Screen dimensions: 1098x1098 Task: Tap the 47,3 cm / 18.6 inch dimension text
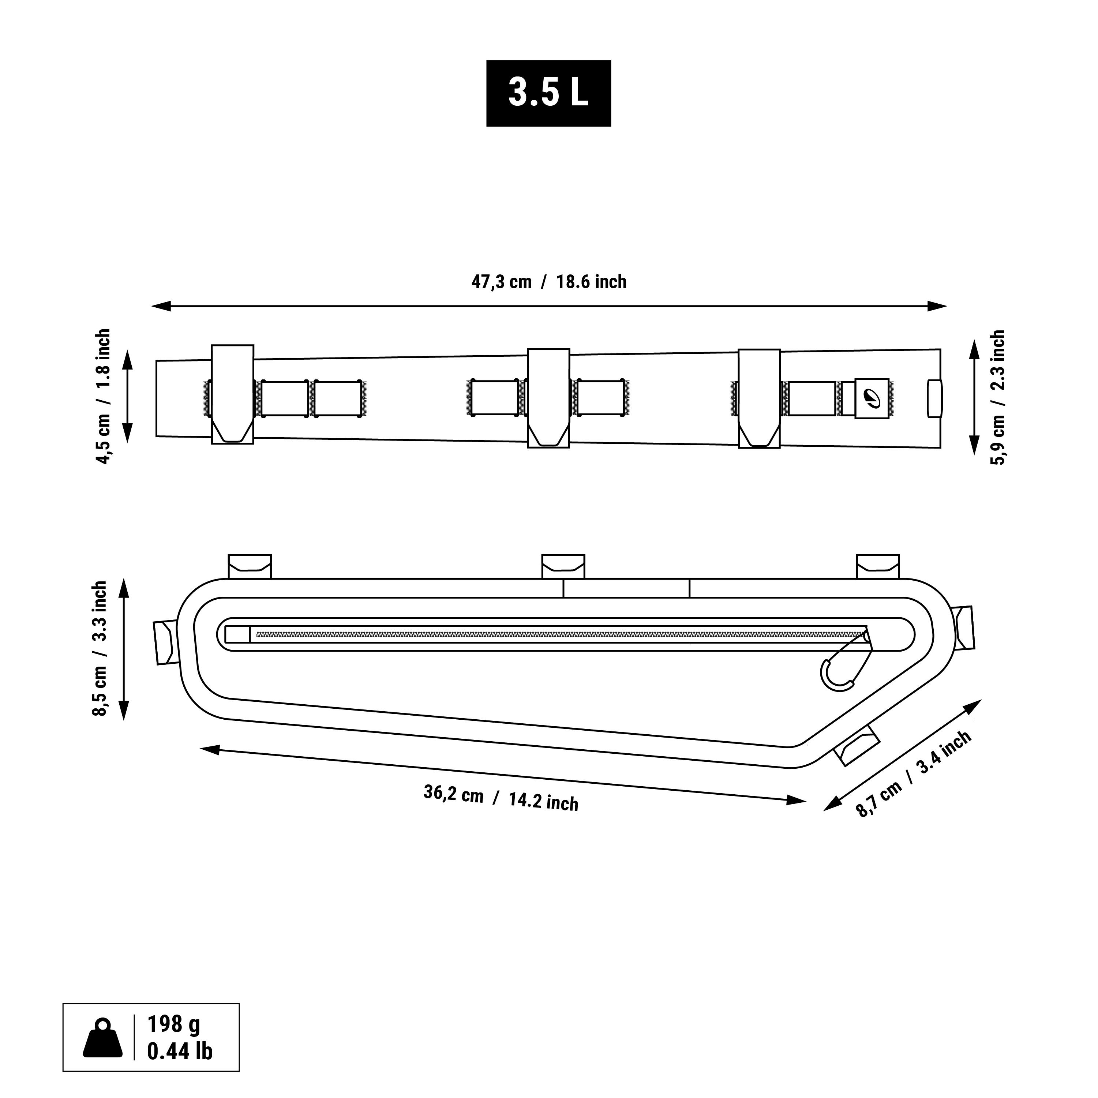pos(548,282)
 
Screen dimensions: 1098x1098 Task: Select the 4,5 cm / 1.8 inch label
pos(104,397)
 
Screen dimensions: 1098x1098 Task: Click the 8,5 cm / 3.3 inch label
pos(100,648)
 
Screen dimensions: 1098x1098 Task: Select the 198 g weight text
pos(173,1024)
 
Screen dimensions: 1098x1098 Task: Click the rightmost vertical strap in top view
pos(759,398)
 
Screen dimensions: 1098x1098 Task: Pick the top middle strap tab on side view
pos(563,566)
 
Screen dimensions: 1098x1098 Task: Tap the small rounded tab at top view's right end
pos(934,398)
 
